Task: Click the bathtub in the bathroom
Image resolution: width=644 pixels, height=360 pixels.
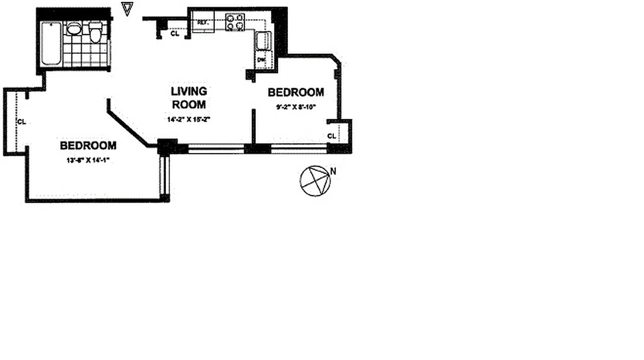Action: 51,44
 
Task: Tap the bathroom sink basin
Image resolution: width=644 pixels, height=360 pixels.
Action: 74,30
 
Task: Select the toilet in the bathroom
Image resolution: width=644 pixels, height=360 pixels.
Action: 95,33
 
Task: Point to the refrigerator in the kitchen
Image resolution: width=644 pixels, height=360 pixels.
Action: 203,22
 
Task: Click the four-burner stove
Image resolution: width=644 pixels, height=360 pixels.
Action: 235,22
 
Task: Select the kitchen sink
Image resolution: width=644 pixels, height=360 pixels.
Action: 262,41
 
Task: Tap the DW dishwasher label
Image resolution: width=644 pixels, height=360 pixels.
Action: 261,60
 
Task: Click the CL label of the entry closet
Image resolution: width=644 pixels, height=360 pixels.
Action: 175,33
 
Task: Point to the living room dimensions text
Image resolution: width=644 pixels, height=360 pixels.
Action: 189,120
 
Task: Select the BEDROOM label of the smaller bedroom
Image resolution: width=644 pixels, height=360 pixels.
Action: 296,92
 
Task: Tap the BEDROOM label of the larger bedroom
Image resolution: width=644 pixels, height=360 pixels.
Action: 88,145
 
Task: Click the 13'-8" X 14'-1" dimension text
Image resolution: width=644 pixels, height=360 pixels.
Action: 88,160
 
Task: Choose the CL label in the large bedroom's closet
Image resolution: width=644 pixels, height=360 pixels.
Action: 21,121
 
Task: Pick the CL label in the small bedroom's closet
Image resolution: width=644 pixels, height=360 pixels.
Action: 332,136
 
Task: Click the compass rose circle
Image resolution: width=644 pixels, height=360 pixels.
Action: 315,181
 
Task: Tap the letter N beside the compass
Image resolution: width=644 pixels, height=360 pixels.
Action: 333,171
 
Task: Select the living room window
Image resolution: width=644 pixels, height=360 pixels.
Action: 216,149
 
